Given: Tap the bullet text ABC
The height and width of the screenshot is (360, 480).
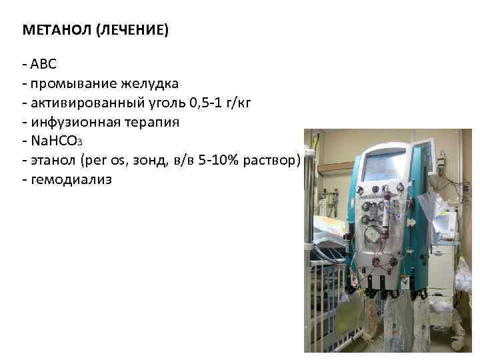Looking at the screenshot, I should click(x=43, y=65).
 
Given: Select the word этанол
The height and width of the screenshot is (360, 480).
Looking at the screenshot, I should click(x=53, y=161).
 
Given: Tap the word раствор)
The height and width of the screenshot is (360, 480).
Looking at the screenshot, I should click(x=274, y=161).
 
